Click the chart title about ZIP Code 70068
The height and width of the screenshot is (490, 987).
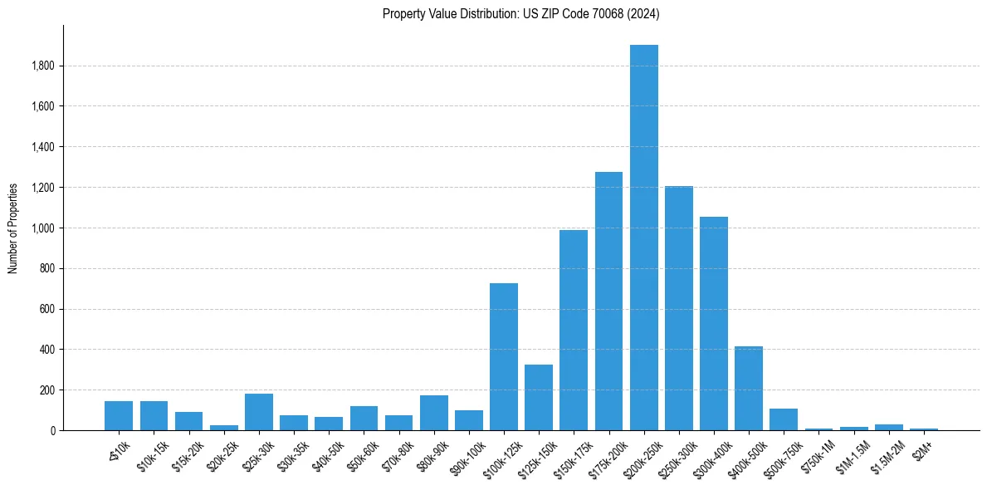tap(521, 14)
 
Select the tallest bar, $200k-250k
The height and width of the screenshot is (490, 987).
tap(643, 238)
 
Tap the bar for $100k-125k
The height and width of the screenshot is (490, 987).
tap(504, 357)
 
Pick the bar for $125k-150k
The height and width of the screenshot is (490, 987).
tap(539, 397)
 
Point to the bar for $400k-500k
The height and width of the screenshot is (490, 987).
tap(749, 388)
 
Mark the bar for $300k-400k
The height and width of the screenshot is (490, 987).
tap(714, 324)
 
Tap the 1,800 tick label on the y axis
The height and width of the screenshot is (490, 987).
tap(42, 66)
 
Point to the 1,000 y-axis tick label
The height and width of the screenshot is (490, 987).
tap(42, 228)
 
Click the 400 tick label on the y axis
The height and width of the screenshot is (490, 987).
tap(46, 350)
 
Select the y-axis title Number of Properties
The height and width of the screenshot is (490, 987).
tap(13, 228)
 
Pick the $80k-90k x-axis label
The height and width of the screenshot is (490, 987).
tap(431, 449)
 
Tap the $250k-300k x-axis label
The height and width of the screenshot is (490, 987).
tap(675, 451)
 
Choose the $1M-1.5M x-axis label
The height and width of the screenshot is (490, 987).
tap(851, 449)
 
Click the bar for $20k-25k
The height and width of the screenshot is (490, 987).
tap(223, 428)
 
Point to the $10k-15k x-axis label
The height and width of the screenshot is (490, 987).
tap(151, 449)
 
